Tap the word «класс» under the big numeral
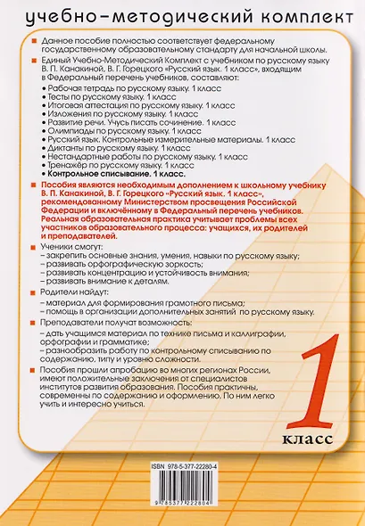[x=311, y=438]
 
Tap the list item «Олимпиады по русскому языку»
[x=116, y=130]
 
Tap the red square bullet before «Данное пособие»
[x=32, y=44]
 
